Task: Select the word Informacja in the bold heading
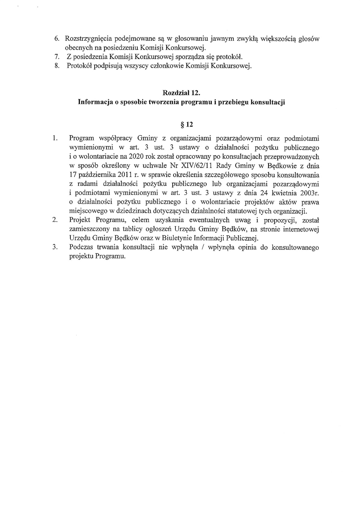(x=95, y=102)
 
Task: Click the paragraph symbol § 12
(x=181, y=124)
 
